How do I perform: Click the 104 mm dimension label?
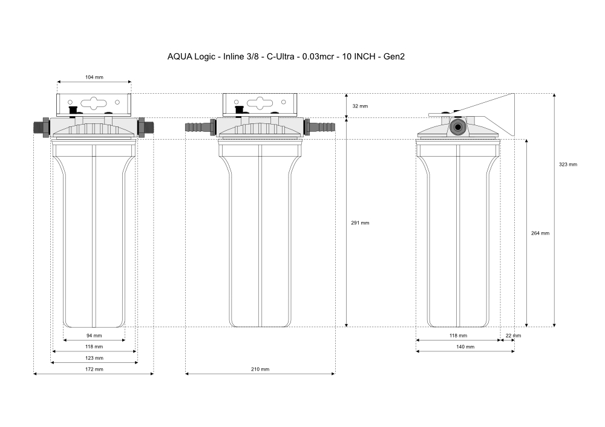(94, 77)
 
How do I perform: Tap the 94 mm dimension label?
(94, 336)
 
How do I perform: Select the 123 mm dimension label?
(94, 358)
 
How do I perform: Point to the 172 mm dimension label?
(94, 369)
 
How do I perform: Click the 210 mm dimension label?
(260, 369)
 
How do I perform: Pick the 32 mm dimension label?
(360, 106)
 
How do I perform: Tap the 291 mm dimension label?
(360, 223)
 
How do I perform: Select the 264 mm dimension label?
(540, 233)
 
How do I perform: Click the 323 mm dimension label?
(568, 165)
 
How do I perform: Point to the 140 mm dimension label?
(465, 347)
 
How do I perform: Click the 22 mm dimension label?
(513, 336)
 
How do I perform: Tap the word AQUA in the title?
(180, 57)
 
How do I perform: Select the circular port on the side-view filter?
(458, 127)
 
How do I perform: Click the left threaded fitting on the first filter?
(41, 127)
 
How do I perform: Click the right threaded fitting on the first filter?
(146, 127)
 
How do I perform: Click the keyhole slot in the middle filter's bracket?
(260, 103)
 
